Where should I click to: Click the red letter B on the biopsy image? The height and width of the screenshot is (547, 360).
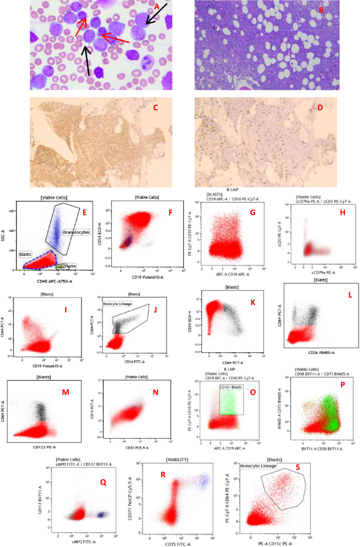[x=321, y=9]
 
